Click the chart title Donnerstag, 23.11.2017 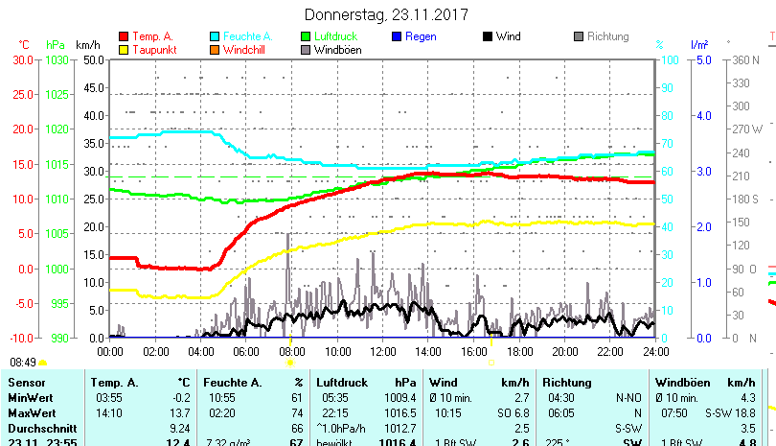click(x=387, y=14)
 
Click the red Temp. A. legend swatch click(x=124, y=36)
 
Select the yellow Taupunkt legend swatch click(x=124, y=49)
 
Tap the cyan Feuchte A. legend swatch click(x=215, y=36)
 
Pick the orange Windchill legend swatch click(x=215, y=49)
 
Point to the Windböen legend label click(x=337, y=50)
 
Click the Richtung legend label click(x=607, y=36)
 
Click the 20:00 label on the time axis click(x=564, y=352)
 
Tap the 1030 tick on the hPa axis click(x=57, y=59)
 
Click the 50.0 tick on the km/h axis click(x=92, y=59)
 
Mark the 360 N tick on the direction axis click(x=744, y=59)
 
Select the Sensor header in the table click(x=27, y=382)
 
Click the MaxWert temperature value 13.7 click(x=178, y=412)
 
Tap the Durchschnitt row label click(x=39, y=428)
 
